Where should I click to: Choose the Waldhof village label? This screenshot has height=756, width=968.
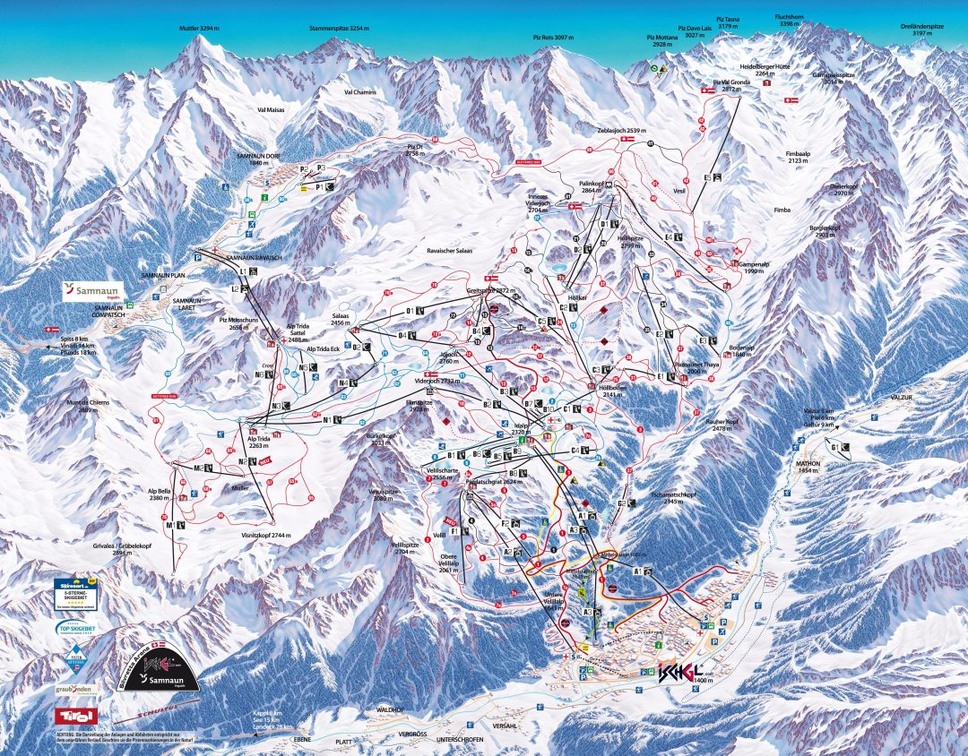(x=391, y=709)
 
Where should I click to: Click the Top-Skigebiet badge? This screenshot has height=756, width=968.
(x=76, y=631)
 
